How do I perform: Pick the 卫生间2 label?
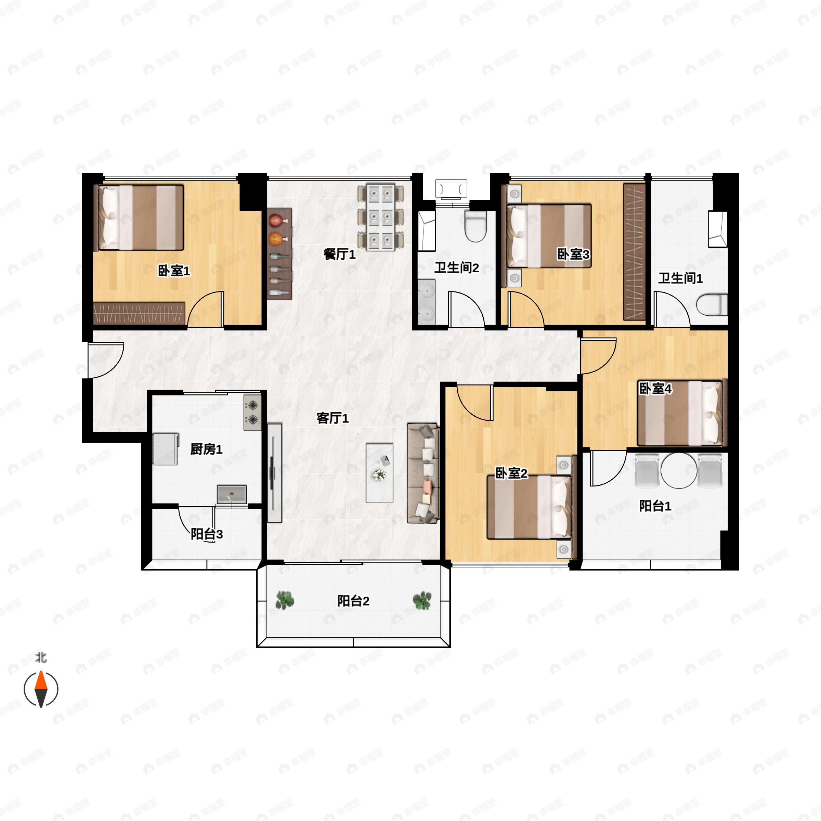pyautogui.click(x=456, y=268)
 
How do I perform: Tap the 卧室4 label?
pyautogui.click(x=655, y=388)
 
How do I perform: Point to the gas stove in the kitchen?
pyautogui.click(x=252, y=413)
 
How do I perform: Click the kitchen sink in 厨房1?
pyautogui.click(x=232, y=494)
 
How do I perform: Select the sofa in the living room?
pyautogui.click(x=422, y=473)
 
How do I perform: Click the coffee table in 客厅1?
pyautogui.click(x=379, y=473)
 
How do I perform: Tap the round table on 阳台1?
pyautogui.click(x=679, y=470)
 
